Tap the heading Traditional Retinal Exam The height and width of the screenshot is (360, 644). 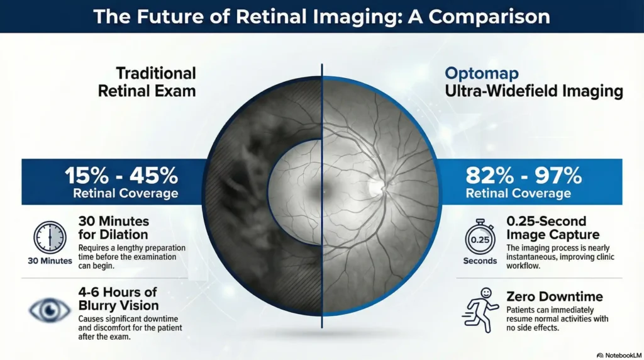pyautogui.click(x=147, y=82)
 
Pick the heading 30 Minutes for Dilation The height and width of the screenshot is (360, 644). pyautogui.click(x=114, y=228)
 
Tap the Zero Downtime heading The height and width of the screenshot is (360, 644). pyautogui.click(x=555, y=296)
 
